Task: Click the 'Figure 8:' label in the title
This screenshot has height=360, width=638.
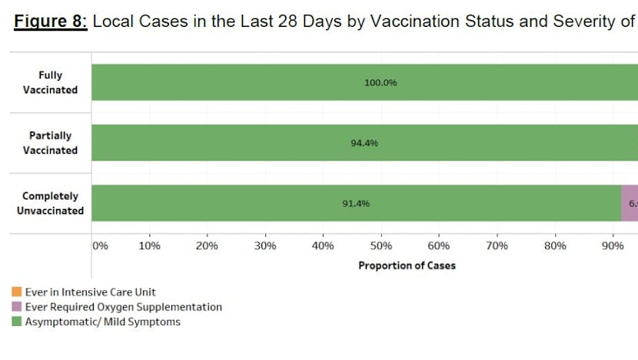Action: point(50,22)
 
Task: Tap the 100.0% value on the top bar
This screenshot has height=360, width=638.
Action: point(380,82)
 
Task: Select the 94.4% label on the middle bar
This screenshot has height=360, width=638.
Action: point(364,143)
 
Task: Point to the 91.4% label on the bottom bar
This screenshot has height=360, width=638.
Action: point(356,204)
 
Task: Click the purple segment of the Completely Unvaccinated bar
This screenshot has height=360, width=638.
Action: point(630,203)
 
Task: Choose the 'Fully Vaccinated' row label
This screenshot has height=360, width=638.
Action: point(50,82)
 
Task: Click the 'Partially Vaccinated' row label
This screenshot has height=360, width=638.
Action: point(50,143)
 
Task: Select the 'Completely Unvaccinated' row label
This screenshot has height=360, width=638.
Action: point(50,203)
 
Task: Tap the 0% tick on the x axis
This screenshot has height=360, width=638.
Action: point(100,246)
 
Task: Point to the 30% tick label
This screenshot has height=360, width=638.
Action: point(265,246)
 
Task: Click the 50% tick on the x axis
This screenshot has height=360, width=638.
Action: point(381,246)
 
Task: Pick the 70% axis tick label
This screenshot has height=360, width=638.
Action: point(497,246)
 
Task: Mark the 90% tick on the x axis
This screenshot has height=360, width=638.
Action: point(613,246)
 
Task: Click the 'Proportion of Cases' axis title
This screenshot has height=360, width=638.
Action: point(407,265)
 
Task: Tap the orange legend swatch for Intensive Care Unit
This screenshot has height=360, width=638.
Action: point(17,292)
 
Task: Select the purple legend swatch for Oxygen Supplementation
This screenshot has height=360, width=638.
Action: point(17,307)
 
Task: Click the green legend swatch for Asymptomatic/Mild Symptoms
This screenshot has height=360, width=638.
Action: point(17,322)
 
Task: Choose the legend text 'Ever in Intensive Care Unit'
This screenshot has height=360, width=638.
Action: point(91,292)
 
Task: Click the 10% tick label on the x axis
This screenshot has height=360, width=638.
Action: point(149,246)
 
